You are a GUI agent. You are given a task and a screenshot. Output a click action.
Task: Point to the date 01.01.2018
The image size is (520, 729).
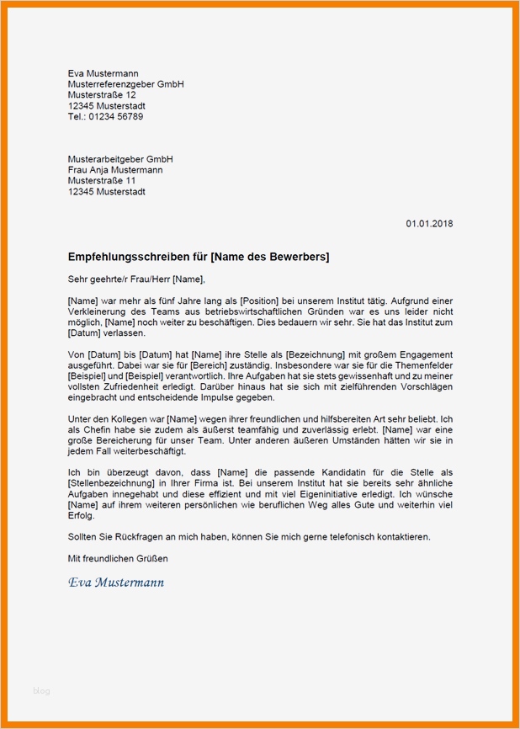pyautogui.click(x=429, y=223)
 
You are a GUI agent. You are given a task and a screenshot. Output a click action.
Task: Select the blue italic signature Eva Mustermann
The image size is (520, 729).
pyautogui.click(x=116, y=582)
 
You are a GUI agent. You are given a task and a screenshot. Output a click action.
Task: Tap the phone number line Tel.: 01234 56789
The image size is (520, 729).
pyautogui.click(x=105, y=117)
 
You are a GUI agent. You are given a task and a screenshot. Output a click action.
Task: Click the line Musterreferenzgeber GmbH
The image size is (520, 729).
pyautogui.click(x=125, y=84)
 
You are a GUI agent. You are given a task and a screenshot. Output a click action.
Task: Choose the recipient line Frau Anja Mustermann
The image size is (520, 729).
pyautogui.click(x=115, y=169)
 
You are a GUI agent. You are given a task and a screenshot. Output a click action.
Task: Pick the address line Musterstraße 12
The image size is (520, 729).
pyautogui.click(x=101, y=95)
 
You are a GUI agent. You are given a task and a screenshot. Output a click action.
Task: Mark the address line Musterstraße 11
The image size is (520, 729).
pyautogui.click(x=101, y=180)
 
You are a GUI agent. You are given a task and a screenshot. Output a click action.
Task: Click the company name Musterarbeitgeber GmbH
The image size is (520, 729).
pyautogui.click(x=120, y=158)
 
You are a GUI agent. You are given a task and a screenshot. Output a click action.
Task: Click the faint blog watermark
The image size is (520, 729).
pyautogui.click(x=42, y=690)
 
